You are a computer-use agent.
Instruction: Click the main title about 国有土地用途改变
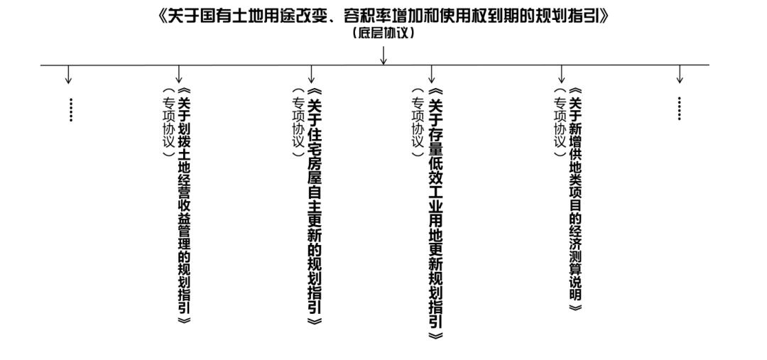click(x=384, y=16)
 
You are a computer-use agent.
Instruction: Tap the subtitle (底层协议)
click(x=384, y=34)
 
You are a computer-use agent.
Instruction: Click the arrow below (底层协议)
click(x=384, y=55)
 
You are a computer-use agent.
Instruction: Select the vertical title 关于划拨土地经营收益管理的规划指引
click(x=183, y=206)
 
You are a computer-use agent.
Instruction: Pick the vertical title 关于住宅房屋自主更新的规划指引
click(x=315, y=206)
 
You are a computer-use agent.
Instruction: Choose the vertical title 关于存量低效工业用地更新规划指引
click(x=435, y=214)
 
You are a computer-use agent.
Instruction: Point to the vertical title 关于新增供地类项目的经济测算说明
click(x=576, y=199)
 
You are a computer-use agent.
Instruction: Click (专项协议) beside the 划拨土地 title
click(x=168, y=123)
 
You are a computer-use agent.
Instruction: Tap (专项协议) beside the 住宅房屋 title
click(x=298, y=123)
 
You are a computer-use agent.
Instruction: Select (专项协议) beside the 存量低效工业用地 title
click(x=417, y=123)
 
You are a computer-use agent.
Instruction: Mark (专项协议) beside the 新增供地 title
click(x=559, y=123)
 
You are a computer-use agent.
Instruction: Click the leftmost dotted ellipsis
click(x=71, y=109)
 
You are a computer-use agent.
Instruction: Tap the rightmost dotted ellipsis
click(x=680, y=108)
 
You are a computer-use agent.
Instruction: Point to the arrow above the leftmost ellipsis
click(x=68, y=74)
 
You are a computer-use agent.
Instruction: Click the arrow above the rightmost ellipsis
click(x=680, y=74)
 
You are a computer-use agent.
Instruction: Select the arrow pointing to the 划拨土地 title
click(x=179, y=74)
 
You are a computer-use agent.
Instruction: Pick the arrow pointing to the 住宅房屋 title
click(x=311, y=74)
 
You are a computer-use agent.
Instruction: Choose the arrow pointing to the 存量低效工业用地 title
click(x=432, y=74)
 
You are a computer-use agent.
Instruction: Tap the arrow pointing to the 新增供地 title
click(x=562, y=74)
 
